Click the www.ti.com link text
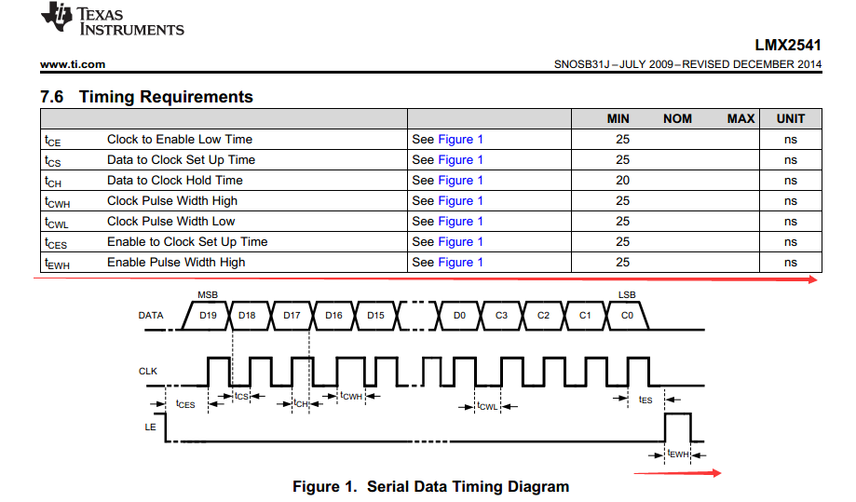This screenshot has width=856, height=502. [73, 64]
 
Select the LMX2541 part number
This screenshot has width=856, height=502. [788, 45]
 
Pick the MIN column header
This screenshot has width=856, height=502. [618, 118]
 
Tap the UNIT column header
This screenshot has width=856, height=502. [790, 118]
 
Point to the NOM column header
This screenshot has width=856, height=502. [677, 118]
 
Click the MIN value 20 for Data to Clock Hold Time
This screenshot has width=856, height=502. [622, 181]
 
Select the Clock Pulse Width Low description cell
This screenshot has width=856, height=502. [171, 222]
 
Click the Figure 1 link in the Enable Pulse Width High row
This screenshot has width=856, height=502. [460, 263]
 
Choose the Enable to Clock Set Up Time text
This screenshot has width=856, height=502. [187, 242]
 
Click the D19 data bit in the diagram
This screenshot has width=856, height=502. [208, 316]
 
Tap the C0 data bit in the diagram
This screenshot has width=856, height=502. [627, 316]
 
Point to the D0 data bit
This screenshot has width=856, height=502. [459, 316]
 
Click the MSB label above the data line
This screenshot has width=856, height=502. [207, 294]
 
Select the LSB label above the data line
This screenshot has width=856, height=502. [627, 294]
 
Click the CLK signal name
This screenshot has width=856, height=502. [148, 371]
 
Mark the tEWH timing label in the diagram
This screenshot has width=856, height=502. [677, 455]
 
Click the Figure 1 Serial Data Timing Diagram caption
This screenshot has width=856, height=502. [430, 486]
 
